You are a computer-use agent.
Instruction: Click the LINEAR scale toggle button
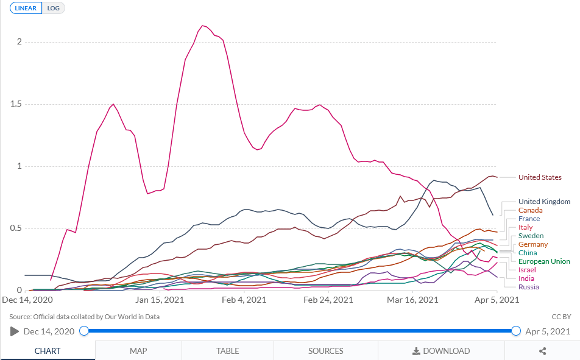tap(25, 9)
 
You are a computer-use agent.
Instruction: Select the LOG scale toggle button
tap(54, 9)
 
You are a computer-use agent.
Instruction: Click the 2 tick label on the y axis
tap(19, 42)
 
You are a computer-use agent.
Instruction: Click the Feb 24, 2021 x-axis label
tap(328, 300)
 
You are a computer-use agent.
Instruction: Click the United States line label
tap(540, 177)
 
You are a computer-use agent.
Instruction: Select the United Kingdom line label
tap(544, 202)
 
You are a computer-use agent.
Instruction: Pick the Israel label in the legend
tap(527, 270)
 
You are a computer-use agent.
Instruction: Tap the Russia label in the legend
tap(528, 287)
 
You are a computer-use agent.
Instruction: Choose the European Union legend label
tap(544, 261)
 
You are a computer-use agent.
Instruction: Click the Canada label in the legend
tap(530, 210)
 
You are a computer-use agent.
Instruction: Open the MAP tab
tap(138, 351)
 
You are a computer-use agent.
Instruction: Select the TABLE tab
tap(227, 351)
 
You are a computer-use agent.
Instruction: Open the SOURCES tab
tap(326, 351)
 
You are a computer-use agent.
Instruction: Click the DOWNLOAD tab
tap(441, 351)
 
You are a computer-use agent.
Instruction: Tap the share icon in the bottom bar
tap(542, 351)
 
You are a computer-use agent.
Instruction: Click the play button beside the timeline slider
tap(15, 331)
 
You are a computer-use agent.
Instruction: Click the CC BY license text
tap(561, 317)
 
